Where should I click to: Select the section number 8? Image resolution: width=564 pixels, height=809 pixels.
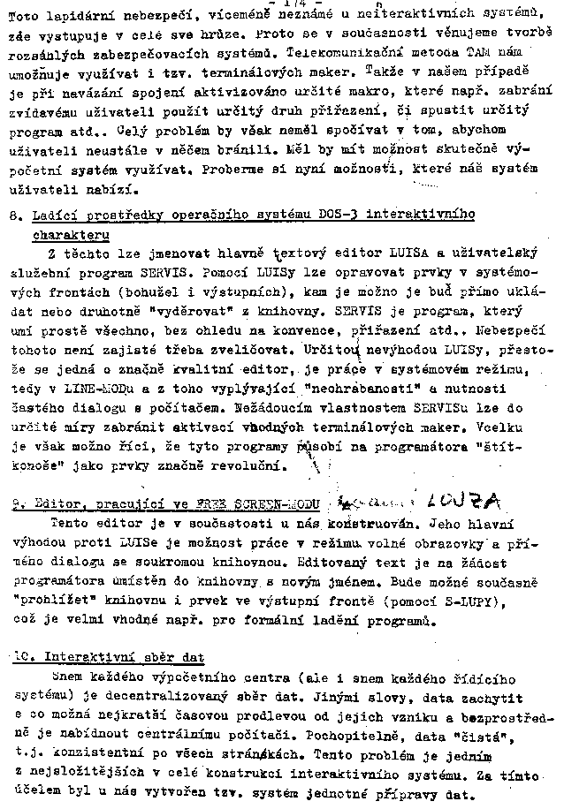[x=13, y=215]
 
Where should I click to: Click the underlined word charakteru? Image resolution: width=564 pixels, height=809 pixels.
[x=72, y=235]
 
